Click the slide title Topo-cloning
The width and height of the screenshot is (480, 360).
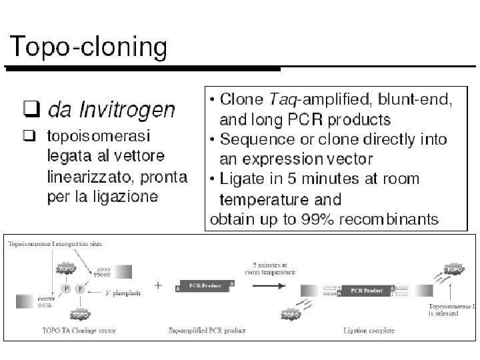point(88,47)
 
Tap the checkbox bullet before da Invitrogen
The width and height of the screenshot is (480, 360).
point(29,107)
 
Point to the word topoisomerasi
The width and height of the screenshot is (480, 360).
point(98,136)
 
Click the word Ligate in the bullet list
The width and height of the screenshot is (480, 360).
point(243,179)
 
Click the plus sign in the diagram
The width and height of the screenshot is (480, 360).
point(158,285)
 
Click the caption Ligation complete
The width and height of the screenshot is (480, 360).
point(369,330)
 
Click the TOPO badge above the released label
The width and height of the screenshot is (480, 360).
point(454,270)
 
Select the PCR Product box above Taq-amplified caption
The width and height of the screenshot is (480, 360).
point(205,286)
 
